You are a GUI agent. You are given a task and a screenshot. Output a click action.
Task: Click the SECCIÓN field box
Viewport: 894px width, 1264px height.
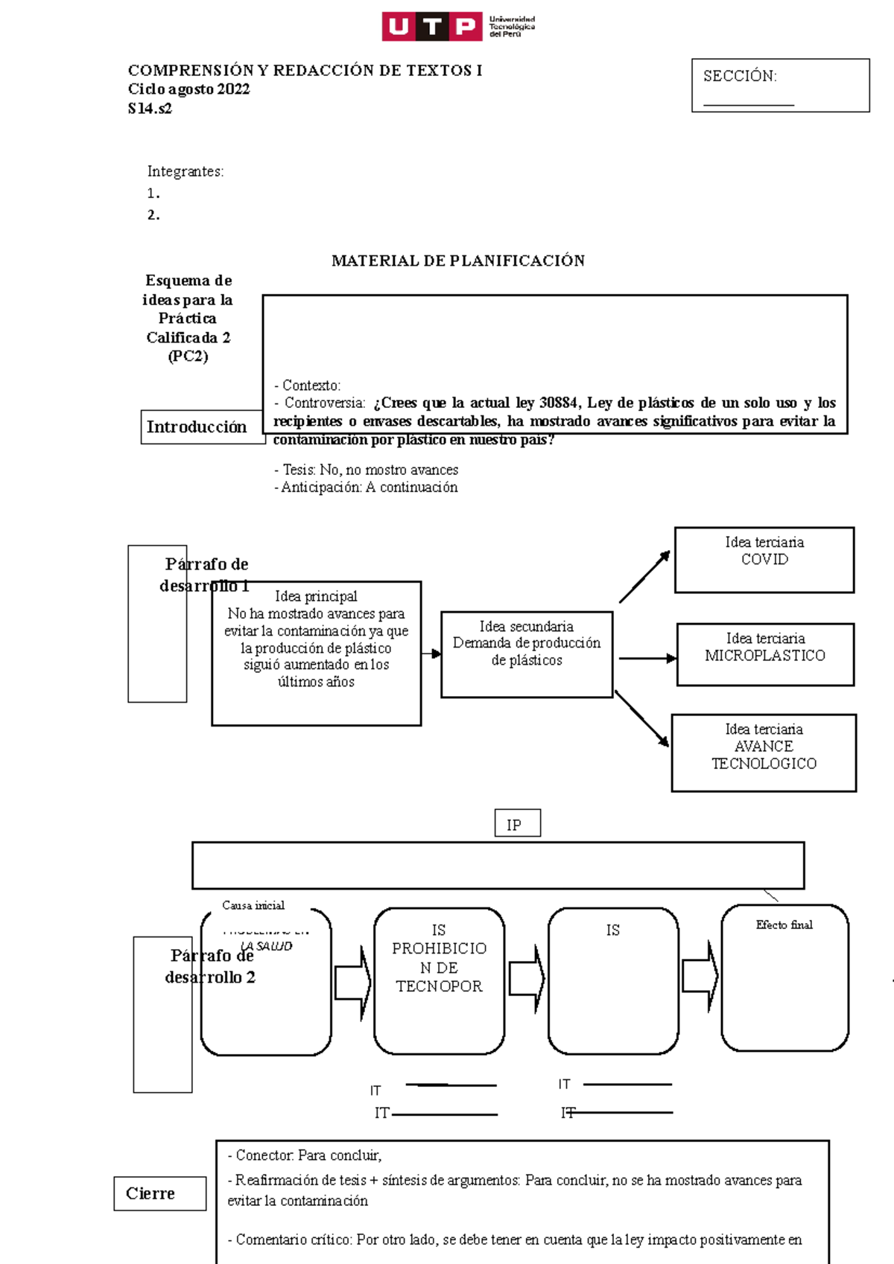pyautogui.click(x=780, y=86)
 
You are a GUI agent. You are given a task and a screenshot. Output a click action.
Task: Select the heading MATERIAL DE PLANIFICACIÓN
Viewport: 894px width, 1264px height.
pyautogui.click(x=457, y=261)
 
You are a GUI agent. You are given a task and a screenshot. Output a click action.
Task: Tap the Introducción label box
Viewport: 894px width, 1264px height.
pyautogui.click(x=197, y=427)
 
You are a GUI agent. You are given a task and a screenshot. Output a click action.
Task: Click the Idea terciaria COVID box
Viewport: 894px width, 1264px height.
pyautogui.click(x=764, y=560)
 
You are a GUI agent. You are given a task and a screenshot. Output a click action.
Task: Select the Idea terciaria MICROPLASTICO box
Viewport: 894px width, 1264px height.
pyautogui.click(x=765, y=654)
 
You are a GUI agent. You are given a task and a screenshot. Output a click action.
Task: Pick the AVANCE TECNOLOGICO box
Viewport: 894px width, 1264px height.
pyautogui.click(x=764, y=753)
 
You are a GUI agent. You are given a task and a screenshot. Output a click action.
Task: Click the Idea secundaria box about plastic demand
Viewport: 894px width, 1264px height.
pyautogui.click(x=526, y=654)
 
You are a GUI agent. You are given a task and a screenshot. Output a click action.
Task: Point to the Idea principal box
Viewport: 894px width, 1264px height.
pyautogui.click(x=316, y=653)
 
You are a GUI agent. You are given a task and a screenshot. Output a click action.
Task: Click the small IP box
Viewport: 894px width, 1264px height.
pyautogui.click(x=517, y=823)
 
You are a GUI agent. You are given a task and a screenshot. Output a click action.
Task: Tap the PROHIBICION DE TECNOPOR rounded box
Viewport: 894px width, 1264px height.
pyautogui.click(x=439, y=980)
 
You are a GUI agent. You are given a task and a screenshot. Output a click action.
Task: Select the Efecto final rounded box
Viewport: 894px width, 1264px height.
pyautogui.click(x=784, y=977)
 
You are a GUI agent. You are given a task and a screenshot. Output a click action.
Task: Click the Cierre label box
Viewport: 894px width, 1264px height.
pyautogui.click(x=159, y=1193)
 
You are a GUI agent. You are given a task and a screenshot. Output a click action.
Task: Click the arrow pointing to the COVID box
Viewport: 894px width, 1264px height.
pyautogui.click(x=644, y=577)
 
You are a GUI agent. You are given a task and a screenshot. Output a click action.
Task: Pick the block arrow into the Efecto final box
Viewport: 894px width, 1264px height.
pyautogui.click(x=700, y=976)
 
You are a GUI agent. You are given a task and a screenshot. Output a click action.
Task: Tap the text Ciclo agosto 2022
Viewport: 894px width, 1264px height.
pyautogui.click(x=188, y=89)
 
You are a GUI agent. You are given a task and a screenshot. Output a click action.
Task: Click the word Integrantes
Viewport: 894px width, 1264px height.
pyautogui.click(x=185, y=171)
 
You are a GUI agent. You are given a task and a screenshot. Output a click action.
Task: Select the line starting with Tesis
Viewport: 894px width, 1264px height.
pyautogui.click(x=366, y=470)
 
